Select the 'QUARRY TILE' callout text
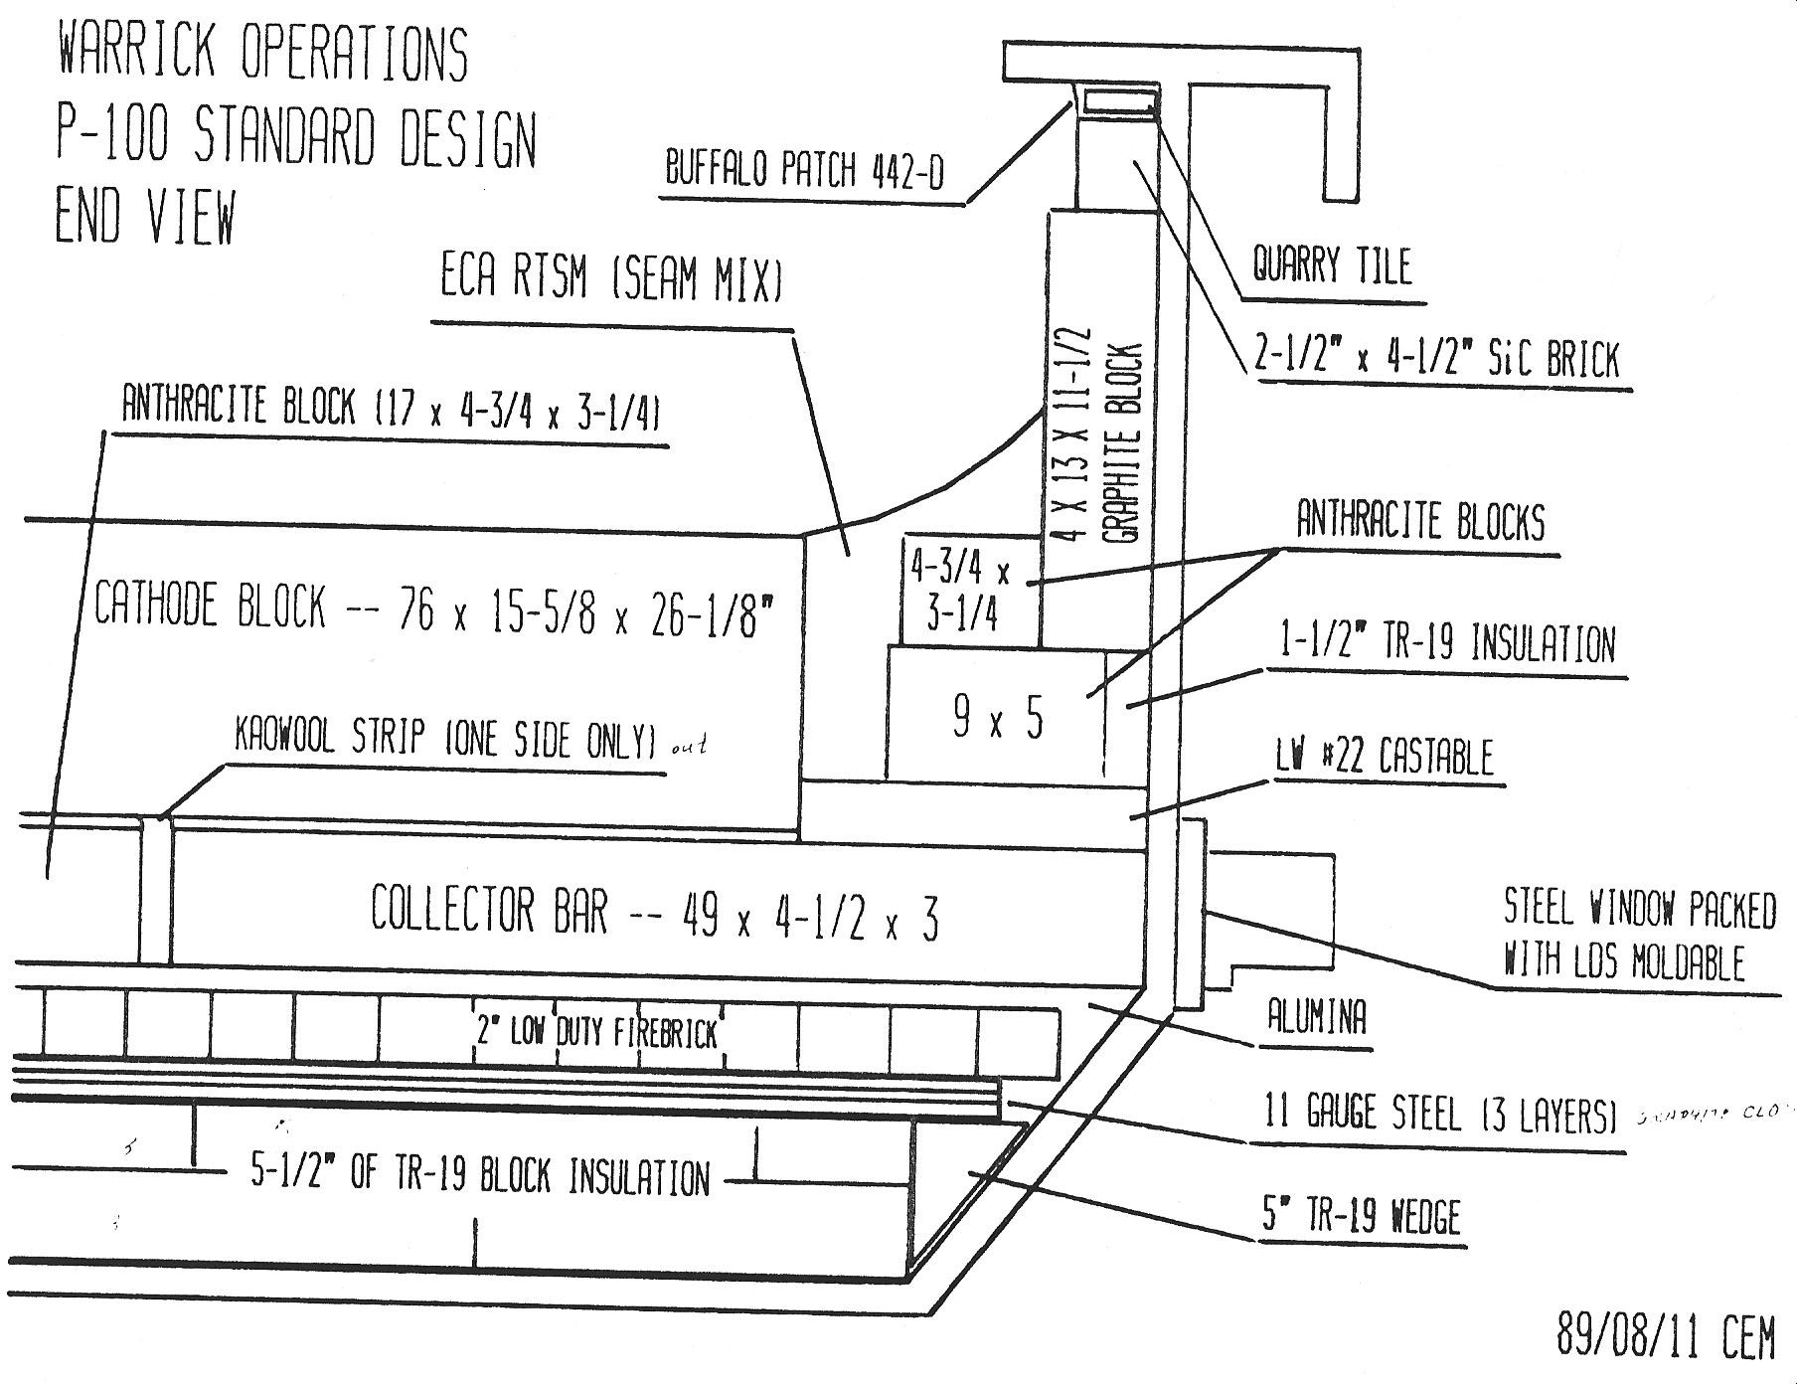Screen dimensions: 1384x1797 (x=1331, y=265)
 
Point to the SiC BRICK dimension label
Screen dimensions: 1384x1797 (x=1437, y=360)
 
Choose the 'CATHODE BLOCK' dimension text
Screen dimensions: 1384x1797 (x=433, y=606)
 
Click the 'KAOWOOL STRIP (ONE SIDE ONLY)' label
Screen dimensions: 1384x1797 (x=444, y=740)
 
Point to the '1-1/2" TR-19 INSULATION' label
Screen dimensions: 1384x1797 (x=1446, y=643)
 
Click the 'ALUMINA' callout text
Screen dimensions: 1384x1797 (x=1316, y=1017)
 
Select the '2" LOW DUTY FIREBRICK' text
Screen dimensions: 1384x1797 (x=596, y=1033)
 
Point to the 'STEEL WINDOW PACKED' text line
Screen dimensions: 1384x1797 (x=1639, y=910)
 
